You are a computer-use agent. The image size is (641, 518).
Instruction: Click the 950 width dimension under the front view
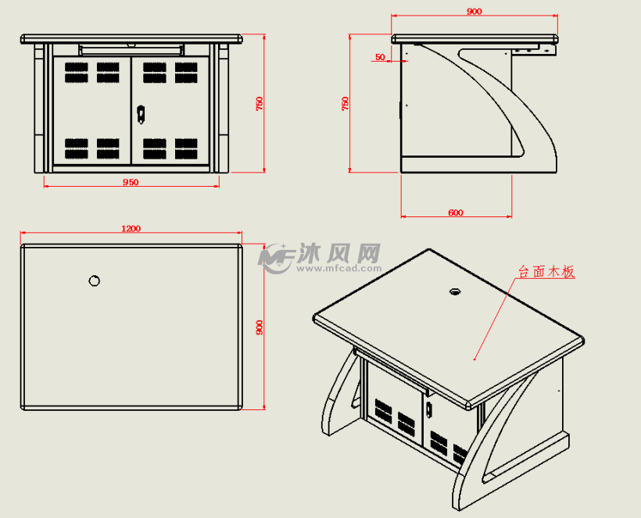(x=131, y=182)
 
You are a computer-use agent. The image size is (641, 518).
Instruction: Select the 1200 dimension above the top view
(x=131, y=228)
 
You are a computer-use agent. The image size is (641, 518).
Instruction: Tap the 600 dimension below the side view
(x=455, y=213)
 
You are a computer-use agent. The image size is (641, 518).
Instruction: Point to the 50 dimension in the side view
(x=381, y=57)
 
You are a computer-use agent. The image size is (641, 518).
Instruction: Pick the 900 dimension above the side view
(x=474, y=12)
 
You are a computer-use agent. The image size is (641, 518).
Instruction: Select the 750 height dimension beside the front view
(x=260, y=103)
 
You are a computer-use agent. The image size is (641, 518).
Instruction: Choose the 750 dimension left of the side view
(x=345, y=103)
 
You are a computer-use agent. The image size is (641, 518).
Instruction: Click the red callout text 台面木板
(x=546, y=272)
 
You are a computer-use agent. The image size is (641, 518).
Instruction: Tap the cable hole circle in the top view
(x=94, y=280)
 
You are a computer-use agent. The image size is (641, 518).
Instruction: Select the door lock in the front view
(x=141, y=114)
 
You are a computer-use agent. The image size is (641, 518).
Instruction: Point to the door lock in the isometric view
(x=428, y=409)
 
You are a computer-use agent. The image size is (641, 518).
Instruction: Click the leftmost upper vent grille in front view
(x=76, y=73)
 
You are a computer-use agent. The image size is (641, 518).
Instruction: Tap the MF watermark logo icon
(x=276, y=257)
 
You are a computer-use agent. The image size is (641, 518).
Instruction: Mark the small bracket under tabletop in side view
(x=536, y=50)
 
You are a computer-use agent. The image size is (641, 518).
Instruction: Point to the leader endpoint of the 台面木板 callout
(x=474, y=361)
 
